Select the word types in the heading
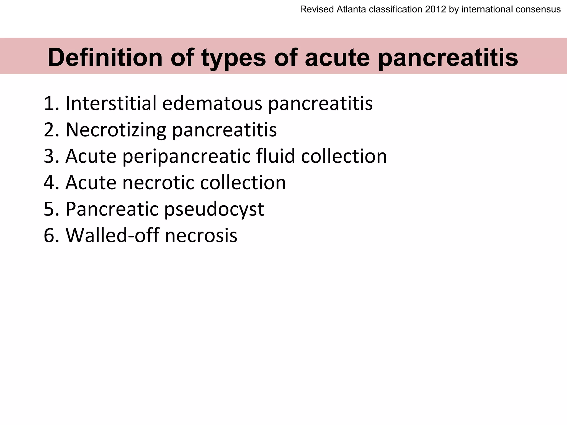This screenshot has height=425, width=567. pos(233,58)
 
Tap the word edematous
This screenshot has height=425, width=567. pos(212,103)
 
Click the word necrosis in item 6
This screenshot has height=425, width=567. pos(201,235)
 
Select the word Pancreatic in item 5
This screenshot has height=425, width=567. pos(112,209)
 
